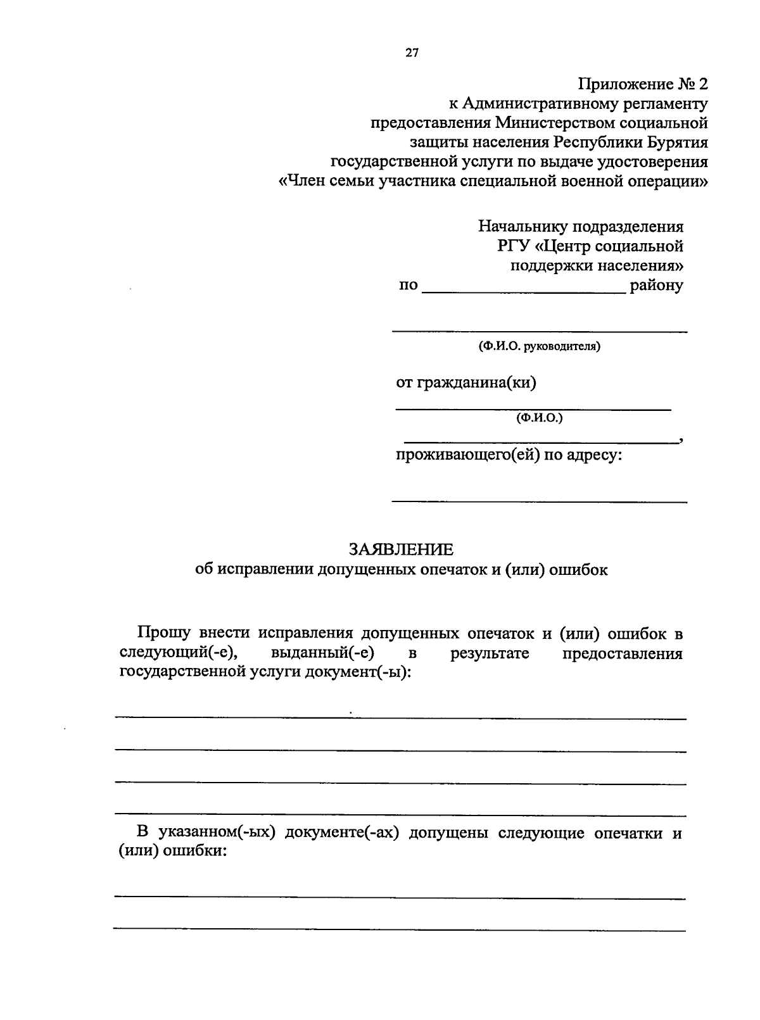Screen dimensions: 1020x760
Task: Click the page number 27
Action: pyautogui.click(x=412, y=53)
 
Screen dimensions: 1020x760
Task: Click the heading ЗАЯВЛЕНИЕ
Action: pyautogui.click(x=401, y=549)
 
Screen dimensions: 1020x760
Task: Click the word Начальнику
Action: pyautogui.click(x=523, y=226)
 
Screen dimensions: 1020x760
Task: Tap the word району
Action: pyautogui.click(x=657, y=286)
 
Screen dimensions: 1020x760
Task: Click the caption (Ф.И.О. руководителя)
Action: pyautogui.click(x=540, y=346)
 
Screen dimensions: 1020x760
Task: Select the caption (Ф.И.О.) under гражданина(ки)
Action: pyautogui.click(x=540, y=418)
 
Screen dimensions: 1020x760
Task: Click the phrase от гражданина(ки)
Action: pyautogui.click(x=466, y=382)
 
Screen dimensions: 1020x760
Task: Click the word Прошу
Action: pyautogui.click(x=163, y=633)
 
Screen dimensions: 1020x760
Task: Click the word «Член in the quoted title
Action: pyautogui.click(x=304, y=182)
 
